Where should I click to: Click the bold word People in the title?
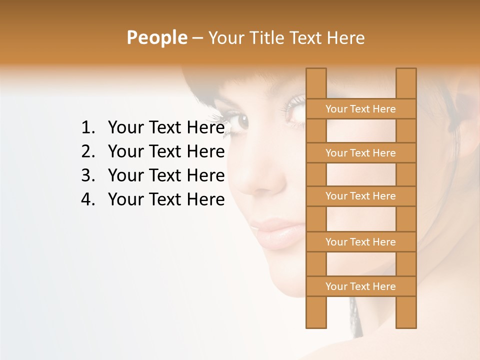[x=156, y=37]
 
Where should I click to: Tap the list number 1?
[x=88, y=128]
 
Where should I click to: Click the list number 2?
[x=88, y=152]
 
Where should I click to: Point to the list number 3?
[x=88, y=176]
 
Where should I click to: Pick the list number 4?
[x=88, y=200]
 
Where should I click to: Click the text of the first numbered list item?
[x=166, y=128]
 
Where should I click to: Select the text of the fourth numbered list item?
[x=166, y=200]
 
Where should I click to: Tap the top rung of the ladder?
[x=360, y=109]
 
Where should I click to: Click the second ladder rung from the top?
[x=360, y=153]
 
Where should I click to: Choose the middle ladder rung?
[x=360, y=196]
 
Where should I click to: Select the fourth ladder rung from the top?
[x=360, y=242]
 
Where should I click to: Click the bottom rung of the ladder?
[x=360, y=286]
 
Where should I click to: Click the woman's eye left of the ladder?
[x=241, y=120]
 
